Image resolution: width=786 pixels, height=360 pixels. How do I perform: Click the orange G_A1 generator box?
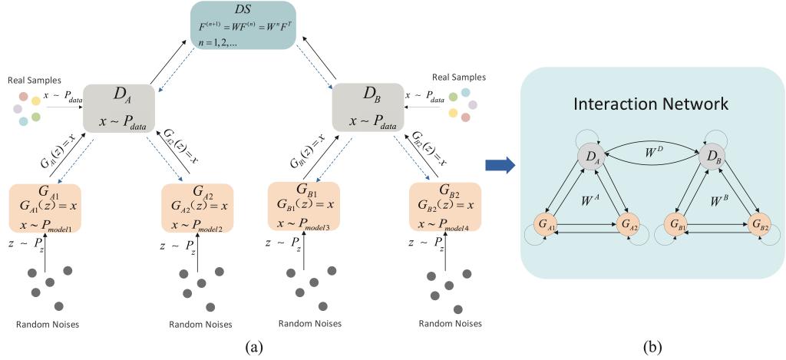click(45, 206)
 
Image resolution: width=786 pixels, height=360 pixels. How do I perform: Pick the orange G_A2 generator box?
click(197, 206)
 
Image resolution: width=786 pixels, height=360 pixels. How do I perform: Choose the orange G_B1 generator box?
click(304, 206)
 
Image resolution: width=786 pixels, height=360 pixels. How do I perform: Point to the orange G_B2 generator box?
click(445, 206)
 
